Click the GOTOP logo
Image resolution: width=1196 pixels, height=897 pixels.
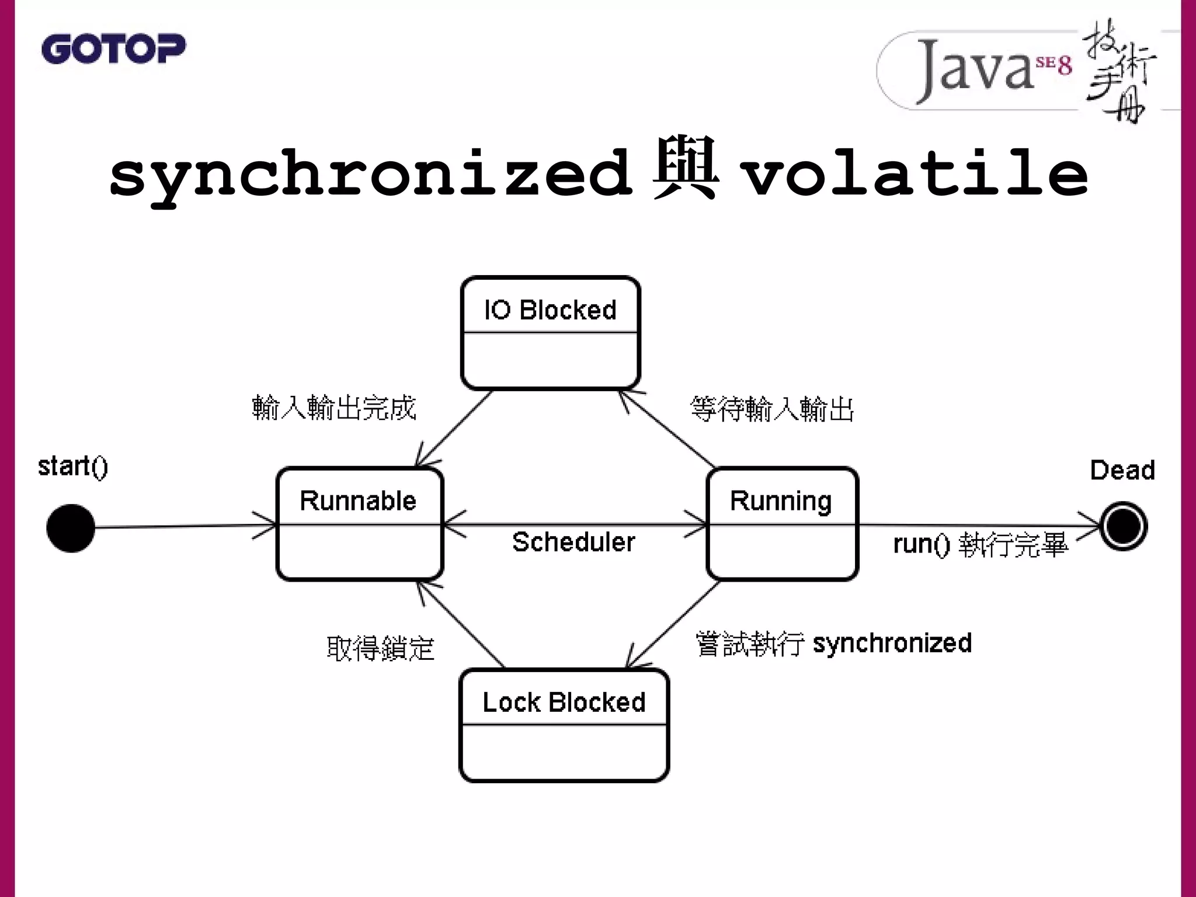click(x=113, y=48)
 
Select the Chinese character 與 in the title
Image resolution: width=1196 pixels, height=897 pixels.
click(x=685, y=169)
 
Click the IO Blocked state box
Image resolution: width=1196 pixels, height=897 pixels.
click(x=550, y=333)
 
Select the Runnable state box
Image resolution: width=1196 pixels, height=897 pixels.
click(x=360, y=524)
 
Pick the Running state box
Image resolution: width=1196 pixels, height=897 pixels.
click(x=782, y=524)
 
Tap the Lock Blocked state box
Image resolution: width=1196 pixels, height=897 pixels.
click(x=564, y=725)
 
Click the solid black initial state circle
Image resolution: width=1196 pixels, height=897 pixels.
click(x=71, y=528)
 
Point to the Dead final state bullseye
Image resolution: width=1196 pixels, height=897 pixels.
click(x=1123, y=526)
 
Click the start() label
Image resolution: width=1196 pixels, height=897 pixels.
click(x=73, y=467)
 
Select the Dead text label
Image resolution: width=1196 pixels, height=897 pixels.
click(x=1122, y=470)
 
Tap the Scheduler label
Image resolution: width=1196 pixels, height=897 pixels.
click(x=573, y=542)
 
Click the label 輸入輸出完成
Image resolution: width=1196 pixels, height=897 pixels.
click(x=334, y=408)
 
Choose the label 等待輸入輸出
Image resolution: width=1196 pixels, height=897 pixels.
click(x=772, y=409)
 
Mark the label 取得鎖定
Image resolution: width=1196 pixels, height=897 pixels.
click(x=381, y=648)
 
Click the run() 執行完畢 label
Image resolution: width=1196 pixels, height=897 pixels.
click(x=981, y=544)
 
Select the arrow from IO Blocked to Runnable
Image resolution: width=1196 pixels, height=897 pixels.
click(x=454, y=428)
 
